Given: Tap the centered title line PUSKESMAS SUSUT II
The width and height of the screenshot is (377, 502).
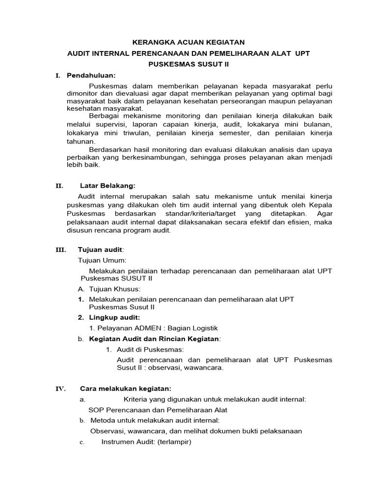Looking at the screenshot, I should coord(189,64).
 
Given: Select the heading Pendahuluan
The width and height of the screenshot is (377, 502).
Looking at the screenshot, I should coord(91,75).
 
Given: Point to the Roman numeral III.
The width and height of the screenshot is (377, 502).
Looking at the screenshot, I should coord(60,250).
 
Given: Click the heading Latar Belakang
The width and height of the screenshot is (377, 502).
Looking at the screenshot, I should coord(107,185).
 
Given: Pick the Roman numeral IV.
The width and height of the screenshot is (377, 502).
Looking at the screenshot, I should coord(60,389).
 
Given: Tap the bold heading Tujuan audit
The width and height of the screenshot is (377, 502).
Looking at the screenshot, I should coord(98,250).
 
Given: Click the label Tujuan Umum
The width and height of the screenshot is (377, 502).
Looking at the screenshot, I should coord(102,260).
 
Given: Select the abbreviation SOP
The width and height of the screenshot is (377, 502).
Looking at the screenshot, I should coord(96,410).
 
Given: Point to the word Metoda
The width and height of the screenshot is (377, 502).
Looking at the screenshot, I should coord(104,421).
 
